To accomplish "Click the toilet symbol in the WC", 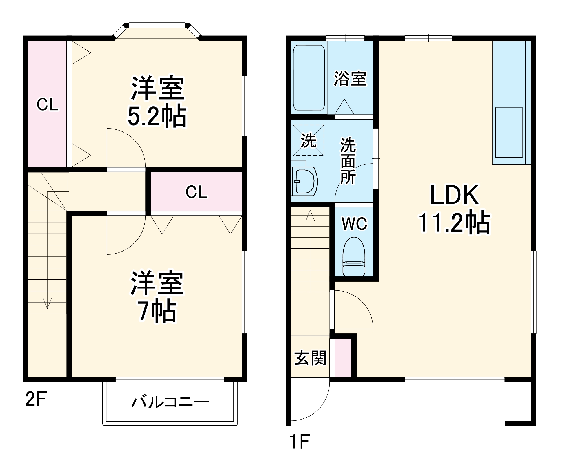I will [x=354, y=257].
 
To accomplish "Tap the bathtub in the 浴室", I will [x=309, y=78].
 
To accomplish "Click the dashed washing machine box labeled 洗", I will [x=308, y=140].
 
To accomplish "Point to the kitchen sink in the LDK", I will [x=509, y=132].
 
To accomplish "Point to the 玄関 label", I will [x=310, y=358].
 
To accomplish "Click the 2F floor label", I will [x=36, y=399].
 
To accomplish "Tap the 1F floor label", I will [x=300, y=441].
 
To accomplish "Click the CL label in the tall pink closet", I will [x=48, y=105].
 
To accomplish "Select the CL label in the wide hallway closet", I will [x=196, y=192].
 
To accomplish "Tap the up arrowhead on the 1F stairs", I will [x=310, y=215].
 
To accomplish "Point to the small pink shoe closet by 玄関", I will [x=343, y=358].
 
